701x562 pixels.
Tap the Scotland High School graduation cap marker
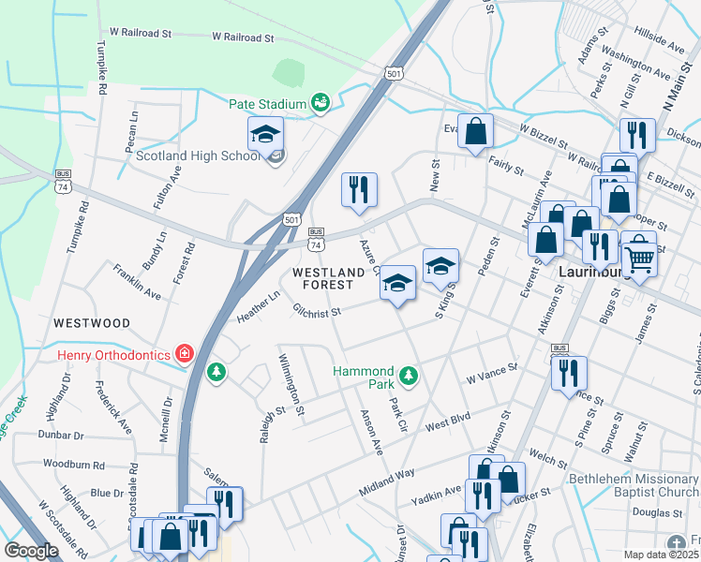tap(266, 134)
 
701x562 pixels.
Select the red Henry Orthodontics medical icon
tap(185, 354)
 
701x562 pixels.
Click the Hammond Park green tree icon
tap(408, 377)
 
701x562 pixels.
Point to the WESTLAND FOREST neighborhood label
tap(328, 278)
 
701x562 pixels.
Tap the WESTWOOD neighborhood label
tap(92, 323)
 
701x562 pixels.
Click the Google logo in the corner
tap(31, 551)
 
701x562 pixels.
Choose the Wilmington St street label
tap(292, 385)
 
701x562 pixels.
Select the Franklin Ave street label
tap(137, 282)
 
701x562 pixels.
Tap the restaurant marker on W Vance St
tap(569, 373)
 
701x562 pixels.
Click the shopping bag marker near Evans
tap(476, 131)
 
